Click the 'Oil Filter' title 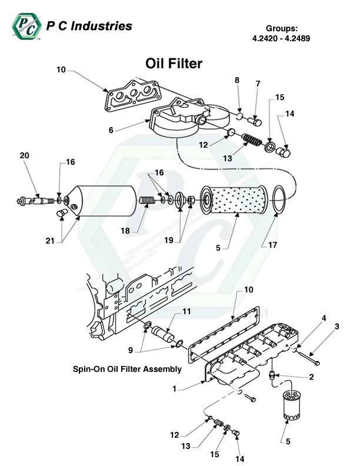pos(174,64)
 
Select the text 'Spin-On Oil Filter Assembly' pos(126,370)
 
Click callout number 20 pos(24,155)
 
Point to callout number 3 pos(337,327)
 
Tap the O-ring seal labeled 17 pos(279,199)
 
